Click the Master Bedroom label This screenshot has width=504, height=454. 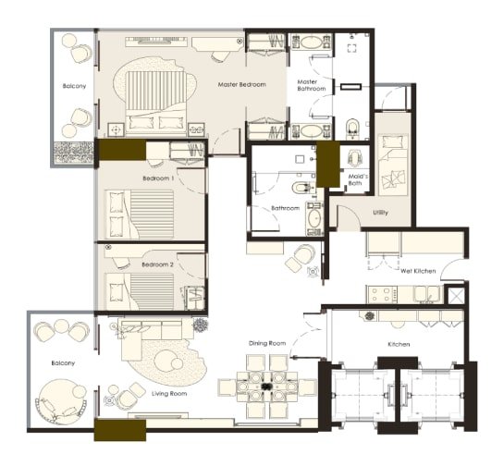point(241,84)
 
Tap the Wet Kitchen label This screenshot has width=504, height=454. point(418,271)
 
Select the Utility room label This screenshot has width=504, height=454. point(380,213)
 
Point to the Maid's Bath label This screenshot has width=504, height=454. point(358,179)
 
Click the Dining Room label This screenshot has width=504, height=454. point(267,343)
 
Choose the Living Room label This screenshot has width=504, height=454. point(169,393)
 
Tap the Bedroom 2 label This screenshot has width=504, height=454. point(157,264)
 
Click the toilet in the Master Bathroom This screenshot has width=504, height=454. point(352,129)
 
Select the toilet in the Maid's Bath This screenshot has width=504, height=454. point(354,158)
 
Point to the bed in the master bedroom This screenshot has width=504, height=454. point(156,103)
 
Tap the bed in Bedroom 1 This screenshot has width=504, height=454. point(140,215)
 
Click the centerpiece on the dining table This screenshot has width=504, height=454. point(265,387)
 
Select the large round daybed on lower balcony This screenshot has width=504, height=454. point(61,402)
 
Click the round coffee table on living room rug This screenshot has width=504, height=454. point(166,361)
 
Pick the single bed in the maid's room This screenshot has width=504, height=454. point(393,165)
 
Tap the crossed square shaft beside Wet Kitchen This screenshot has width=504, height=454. point(457,295)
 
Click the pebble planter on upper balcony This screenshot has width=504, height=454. point(74,153)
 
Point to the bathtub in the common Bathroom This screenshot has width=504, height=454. point(314,218)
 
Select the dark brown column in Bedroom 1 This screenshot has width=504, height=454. point(122,150)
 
